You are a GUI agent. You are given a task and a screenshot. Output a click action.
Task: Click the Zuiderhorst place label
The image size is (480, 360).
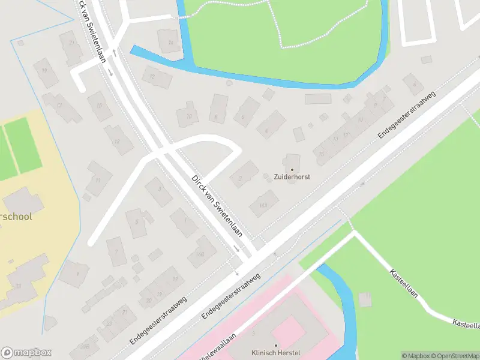click(x=292, y=178)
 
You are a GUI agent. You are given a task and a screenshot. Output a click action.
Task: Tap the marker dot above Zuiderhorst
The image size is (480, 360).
click(x=292, y=170)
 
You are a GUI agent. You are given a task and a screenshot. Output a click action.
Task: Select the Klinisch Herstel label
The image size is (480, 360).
click(x=276, y=353)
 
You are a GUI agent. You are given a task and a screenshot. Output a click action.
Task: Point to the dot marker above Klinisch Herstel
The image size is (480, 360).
click(x=276, y=345)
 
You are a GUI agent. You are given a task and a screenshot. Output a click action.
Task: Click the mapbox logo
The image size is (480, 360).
click(x=26, y=353)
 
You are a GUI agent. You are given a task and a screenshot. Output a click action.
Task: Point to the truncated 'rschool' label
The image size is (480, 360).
click(x=16, y=217)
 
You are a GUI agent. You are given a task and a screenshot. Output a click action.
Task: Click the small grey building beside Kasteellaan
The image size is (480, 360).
click(x=365, y=299)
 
